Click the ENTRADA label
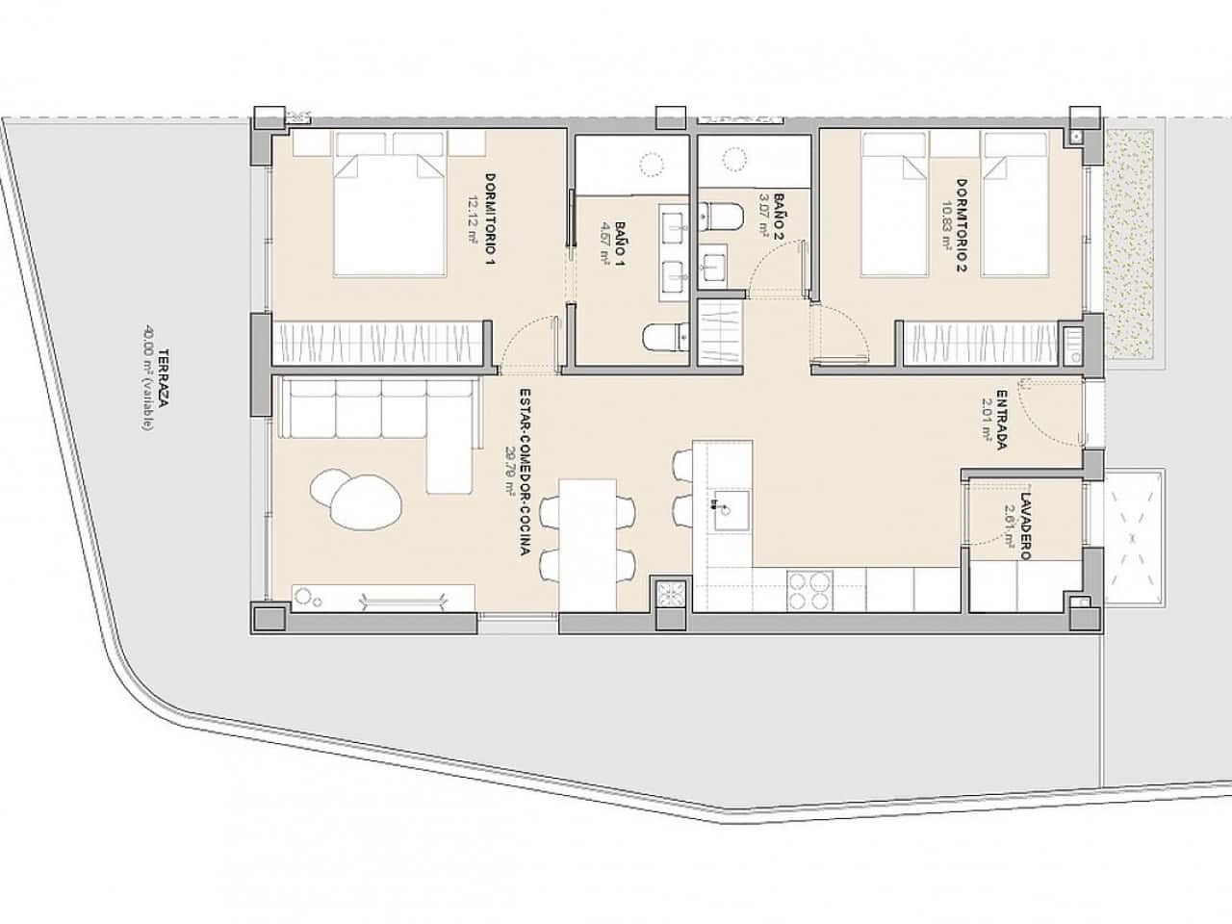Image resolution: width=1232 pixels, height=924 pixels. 1002,419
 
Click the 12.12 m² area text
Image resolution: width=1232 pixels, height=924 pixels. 473,220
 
